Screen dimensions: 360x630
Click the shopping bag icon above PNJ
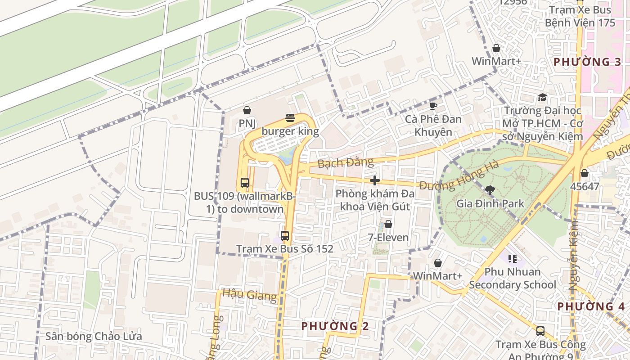pyautogui.click(x=247, y=110)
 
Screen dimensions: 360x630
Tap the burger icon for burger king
pyautogui.click(x=290, y=118)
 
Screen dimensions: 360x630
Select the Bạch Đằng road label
pyautogui.click(x=346, y=162)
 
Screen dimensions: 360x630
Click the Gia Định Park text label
pyautogui.click(x=490, y=203)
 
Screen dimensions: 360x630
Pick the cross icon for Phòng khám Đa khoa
pyautogui.click(x=374, y=181)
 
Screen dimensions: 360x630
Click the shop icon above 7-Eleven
pyautogui.click(x=388, y=224)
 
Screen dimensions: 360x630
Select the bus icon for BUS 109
pyautogui.click(x=245, y=183)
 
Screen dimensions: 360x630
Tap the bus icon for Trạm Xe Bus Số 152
pyautogui.click(x=284, y=235)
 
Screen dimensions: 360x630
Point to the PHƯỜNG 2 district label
pyautogui.click(x=335, y=326)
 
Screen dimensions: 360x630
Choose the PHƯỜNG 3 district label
pyautogui.click(x=587, y=62)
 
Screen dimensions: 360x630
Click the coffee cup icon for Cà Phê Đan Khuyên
pyautogui.click(x=433, y=106)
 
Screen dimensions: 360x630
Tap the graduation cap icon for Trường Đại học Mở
pyautogui.click(x=542, y=98)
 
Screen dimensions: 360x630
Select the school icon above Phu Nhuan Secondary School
pyautogui.click(x=512, y=258)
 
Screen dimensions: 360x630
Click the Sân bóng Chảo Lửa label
pyautogui.click(x=94, y=336)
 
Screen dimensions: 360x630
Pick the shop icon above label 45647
pyautogui.click(x=584, y=173)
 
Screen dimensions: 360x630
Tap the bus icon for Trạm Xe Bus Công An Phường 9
pyautogui.click(x=540, y=331)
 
